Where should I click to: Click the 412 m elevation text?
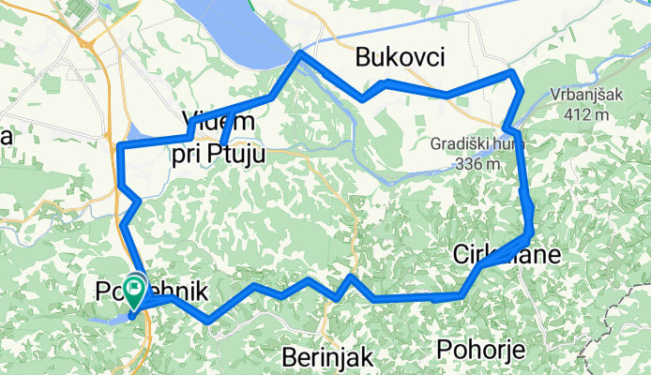coord(588,114)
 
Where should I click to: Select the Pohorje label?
coord(479,349)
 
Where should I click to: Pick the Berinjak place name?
coord(328,356)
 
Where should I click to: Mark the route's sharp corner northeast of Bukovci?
coord(512,71)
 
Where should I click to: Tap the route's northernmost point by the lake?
coord(300,54)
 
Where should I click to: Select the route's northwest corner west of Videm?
coord(119,146)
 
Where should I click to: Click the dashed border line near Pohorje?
coord(586,352)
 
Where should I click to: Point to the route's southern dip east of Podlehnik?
coord(207,321)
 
